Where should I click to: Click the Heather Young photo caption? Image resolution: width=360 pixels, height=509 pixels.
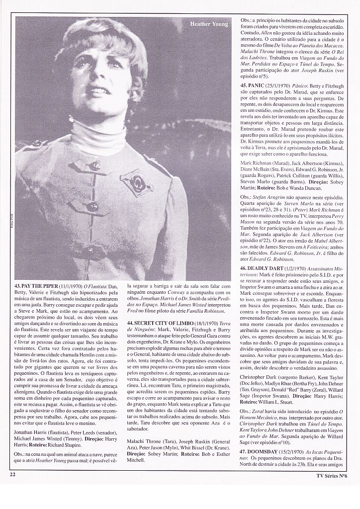(x=208, y=24)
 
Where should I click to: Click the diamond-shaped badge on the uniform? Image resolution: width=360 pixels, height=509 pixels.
(x=135, y=181)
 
